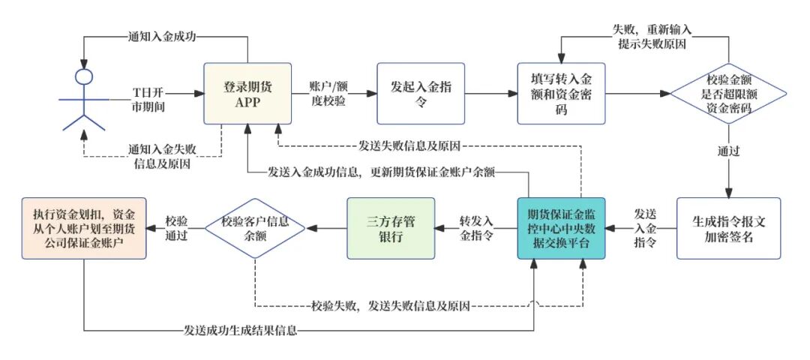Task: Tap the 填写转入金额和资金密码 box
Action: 561,94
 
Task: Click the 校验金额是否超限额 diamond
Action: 728,94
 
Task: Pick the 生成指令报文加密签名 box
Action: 728,228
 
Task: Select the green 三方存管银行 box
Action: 390,228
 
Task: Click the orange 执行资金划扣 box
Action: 83,228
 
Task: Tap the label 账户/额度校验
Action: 327,93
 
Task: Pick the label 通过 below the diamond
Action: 728,151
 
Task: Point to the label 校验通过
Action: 176,228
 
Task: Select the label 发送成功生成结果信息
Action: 239,330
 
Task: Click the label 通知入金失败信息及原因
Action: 159,155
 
